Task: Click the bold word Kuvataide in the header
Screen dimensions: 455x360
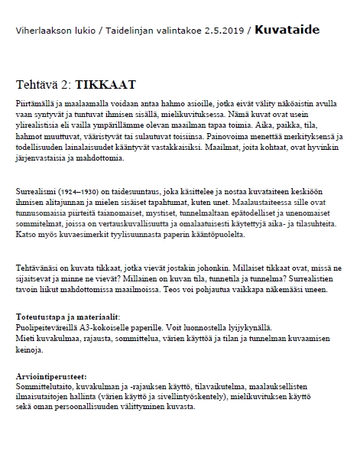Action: (287, 31)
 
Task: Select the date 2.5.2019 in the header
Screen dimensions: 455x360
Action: (225, 31)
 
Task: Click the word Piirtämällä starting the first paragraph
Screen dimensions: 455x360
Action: (37, 102)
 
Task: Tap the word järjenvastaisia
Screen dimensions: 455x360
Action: (42, 159)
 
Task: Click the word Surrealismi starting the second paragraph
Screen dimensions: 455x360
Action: (37, 197)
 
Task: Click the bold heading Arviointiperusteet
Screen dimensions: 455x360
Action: (51, 377)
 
